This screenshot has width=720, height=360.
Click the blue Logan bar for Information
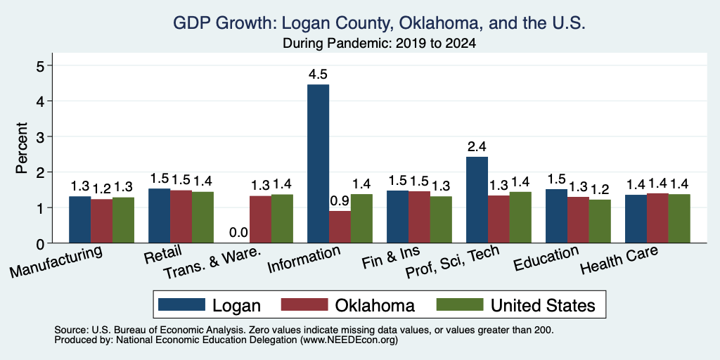coord(319,163)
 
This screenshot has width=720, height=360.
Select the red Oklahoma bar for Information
coord(340,227)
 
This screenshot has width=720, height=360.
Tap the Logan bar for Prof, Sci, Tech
coord(477,200)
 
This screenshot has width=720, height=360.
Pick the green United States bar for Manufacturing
coord(124,220)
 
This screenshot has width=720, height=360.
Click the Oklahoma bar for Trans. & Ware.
coord(260,219)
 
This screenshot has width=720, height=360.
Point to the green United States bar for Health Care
coord(680,219)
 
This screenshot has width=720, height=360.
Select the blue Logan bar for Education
coord(557,216)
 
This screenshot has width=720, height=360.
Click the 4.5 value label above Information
coord(318,75)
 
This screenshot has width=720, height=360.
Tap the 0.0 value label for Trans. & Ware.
coord(238,233)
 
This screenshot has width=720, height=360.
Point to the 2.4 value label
coord(477,147)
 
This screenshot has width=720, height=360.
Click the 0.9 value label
coord(340,201)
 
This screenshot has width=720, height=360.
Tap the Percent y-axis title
coord(22,148)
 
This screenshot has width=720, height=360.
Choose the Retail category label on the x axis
coord(163,255)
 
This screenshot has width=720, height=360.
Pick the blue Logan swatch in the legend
coord(181,304)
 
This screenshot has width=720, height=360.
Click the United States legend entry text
coord(544,305)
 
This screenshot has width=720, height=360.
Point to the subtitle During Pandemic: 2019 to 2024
coord(379,44)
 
